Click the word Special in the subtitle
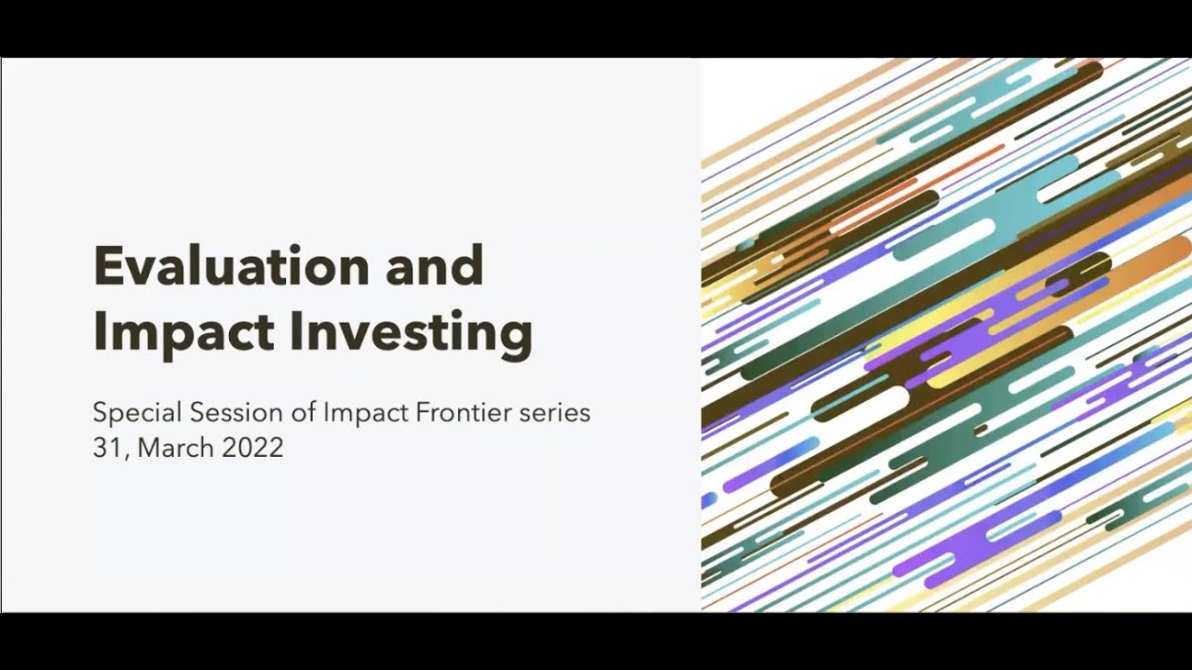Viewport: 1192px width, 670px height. click(137, 412)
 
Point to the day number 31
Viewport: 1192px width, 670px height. click(104, 448)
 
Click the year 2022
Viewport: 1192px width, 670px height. click(252, 448)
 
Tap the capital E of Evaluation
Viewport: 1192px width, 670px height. click(106, 266)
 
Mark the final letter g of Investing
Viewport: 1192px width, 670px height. click(517, 337)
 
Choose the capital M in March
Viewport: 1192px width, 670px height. click(152, 448)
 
